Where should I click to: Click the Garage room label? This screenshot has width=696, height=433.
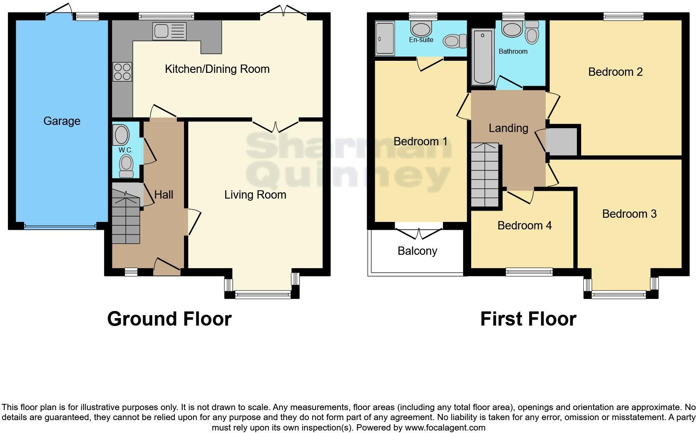coord(62,121)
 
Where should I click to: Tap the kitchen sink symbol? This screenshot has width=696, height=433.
coord(169,31)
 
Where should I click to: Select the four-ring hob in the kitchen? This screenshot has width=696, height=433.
coord(122,71)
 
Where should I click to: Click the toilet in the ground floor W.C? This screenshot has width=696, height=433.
coord(126,167)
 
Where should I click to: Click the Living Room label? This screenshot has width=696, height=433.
coord(255,194)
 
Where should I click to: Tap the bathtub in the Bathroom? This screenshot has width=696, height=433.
coord(483,57)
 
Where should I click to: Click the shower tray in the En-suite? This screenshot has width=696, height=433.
coord(385,39)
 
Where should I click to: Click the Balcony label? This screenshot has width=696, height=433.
coord(417,251)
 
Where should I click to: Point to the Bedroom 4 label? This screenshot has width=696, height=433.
coord(524,226)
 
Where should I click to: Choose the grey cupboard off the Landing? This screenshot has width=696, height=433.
coord(563,142)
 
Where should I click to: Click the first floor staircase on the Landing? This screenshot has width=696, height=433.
coord(485,175)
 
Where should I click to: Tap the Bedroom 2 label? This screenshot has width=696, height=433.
coord(615,72)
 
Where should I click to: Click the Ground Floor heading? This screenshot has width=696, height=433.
coord(169,319)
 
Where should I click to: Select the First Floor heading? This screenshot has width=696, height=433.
coord(528,319)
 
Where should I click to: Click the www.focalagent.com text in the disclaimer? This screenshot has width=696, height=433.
coord(445,428)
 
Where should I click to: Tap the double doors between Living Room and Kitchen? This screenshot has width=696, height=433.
coord(276,125)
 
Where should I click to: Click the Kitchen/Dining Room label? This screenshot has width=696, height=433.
coord(217,69)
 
